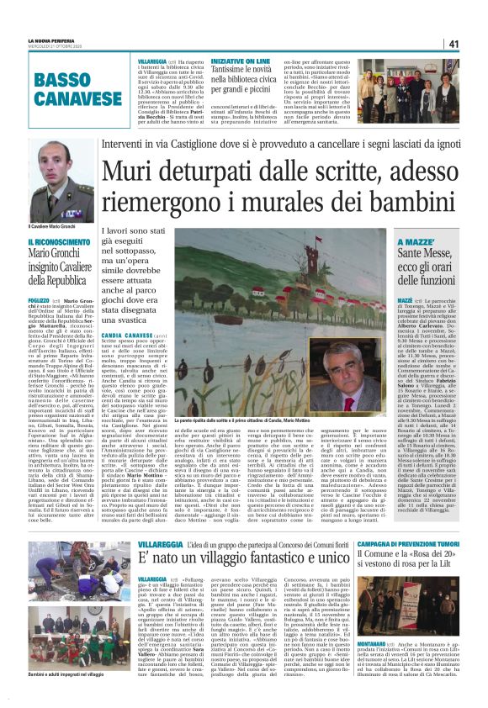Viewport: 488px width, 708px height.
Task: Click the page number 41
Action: coord(453,44)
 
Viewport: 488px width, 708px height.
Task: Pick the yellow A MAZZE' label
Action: coord(392,243)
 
